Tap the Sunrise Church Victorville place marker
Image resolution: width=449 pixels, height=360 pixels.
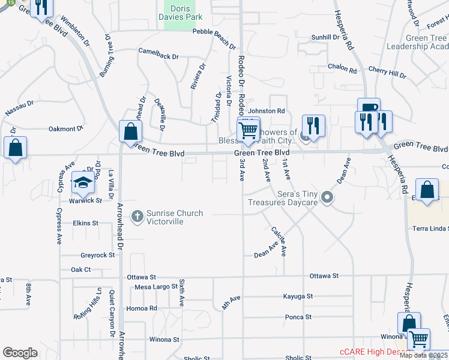[x=137, y=216]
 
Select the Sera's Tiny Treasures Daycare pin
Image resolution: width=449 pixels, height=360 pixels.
[x=327, y=197]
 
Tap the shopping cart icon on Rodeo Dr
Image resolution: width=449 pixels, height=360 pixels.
[x=248, y=129]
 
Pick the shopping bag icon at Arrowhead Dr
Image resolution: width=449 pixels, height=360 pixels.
[x=130, y=131]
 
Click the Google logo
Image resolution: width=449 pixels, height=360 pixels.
[x=20, y=352]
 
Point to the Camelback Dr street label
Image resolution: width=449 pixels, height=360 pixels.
[x=159, y=56]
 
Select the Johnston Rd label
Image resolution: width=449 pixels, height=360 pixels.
[x=267, y=111]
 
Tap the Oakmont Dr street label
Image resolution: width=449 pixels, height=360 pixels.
[x=65, y=129]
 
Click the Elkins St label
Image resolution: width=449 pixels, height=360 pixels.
[x=85, y=223]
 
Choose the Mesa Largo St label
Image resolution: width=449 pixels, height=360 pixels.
[x=153, y=287]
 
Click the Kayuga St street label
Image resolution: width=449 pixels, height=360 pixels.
[x=298, y=296]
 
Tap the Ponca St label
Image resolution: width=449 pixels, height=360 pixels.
[x=298, y=317]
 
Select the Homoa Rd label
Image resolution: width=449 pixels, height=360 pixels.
[x=142, y=308]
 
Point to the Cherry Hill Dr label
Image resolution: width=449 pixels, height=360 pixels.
[x=387, y=72]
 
